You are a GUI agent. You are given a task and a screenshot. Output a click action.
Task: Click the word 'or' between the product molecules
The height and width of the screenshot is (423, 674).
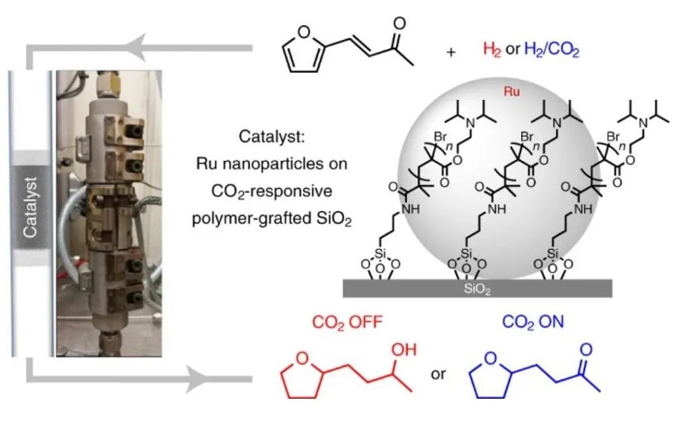pyautogui.click(x=439, y=373)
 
